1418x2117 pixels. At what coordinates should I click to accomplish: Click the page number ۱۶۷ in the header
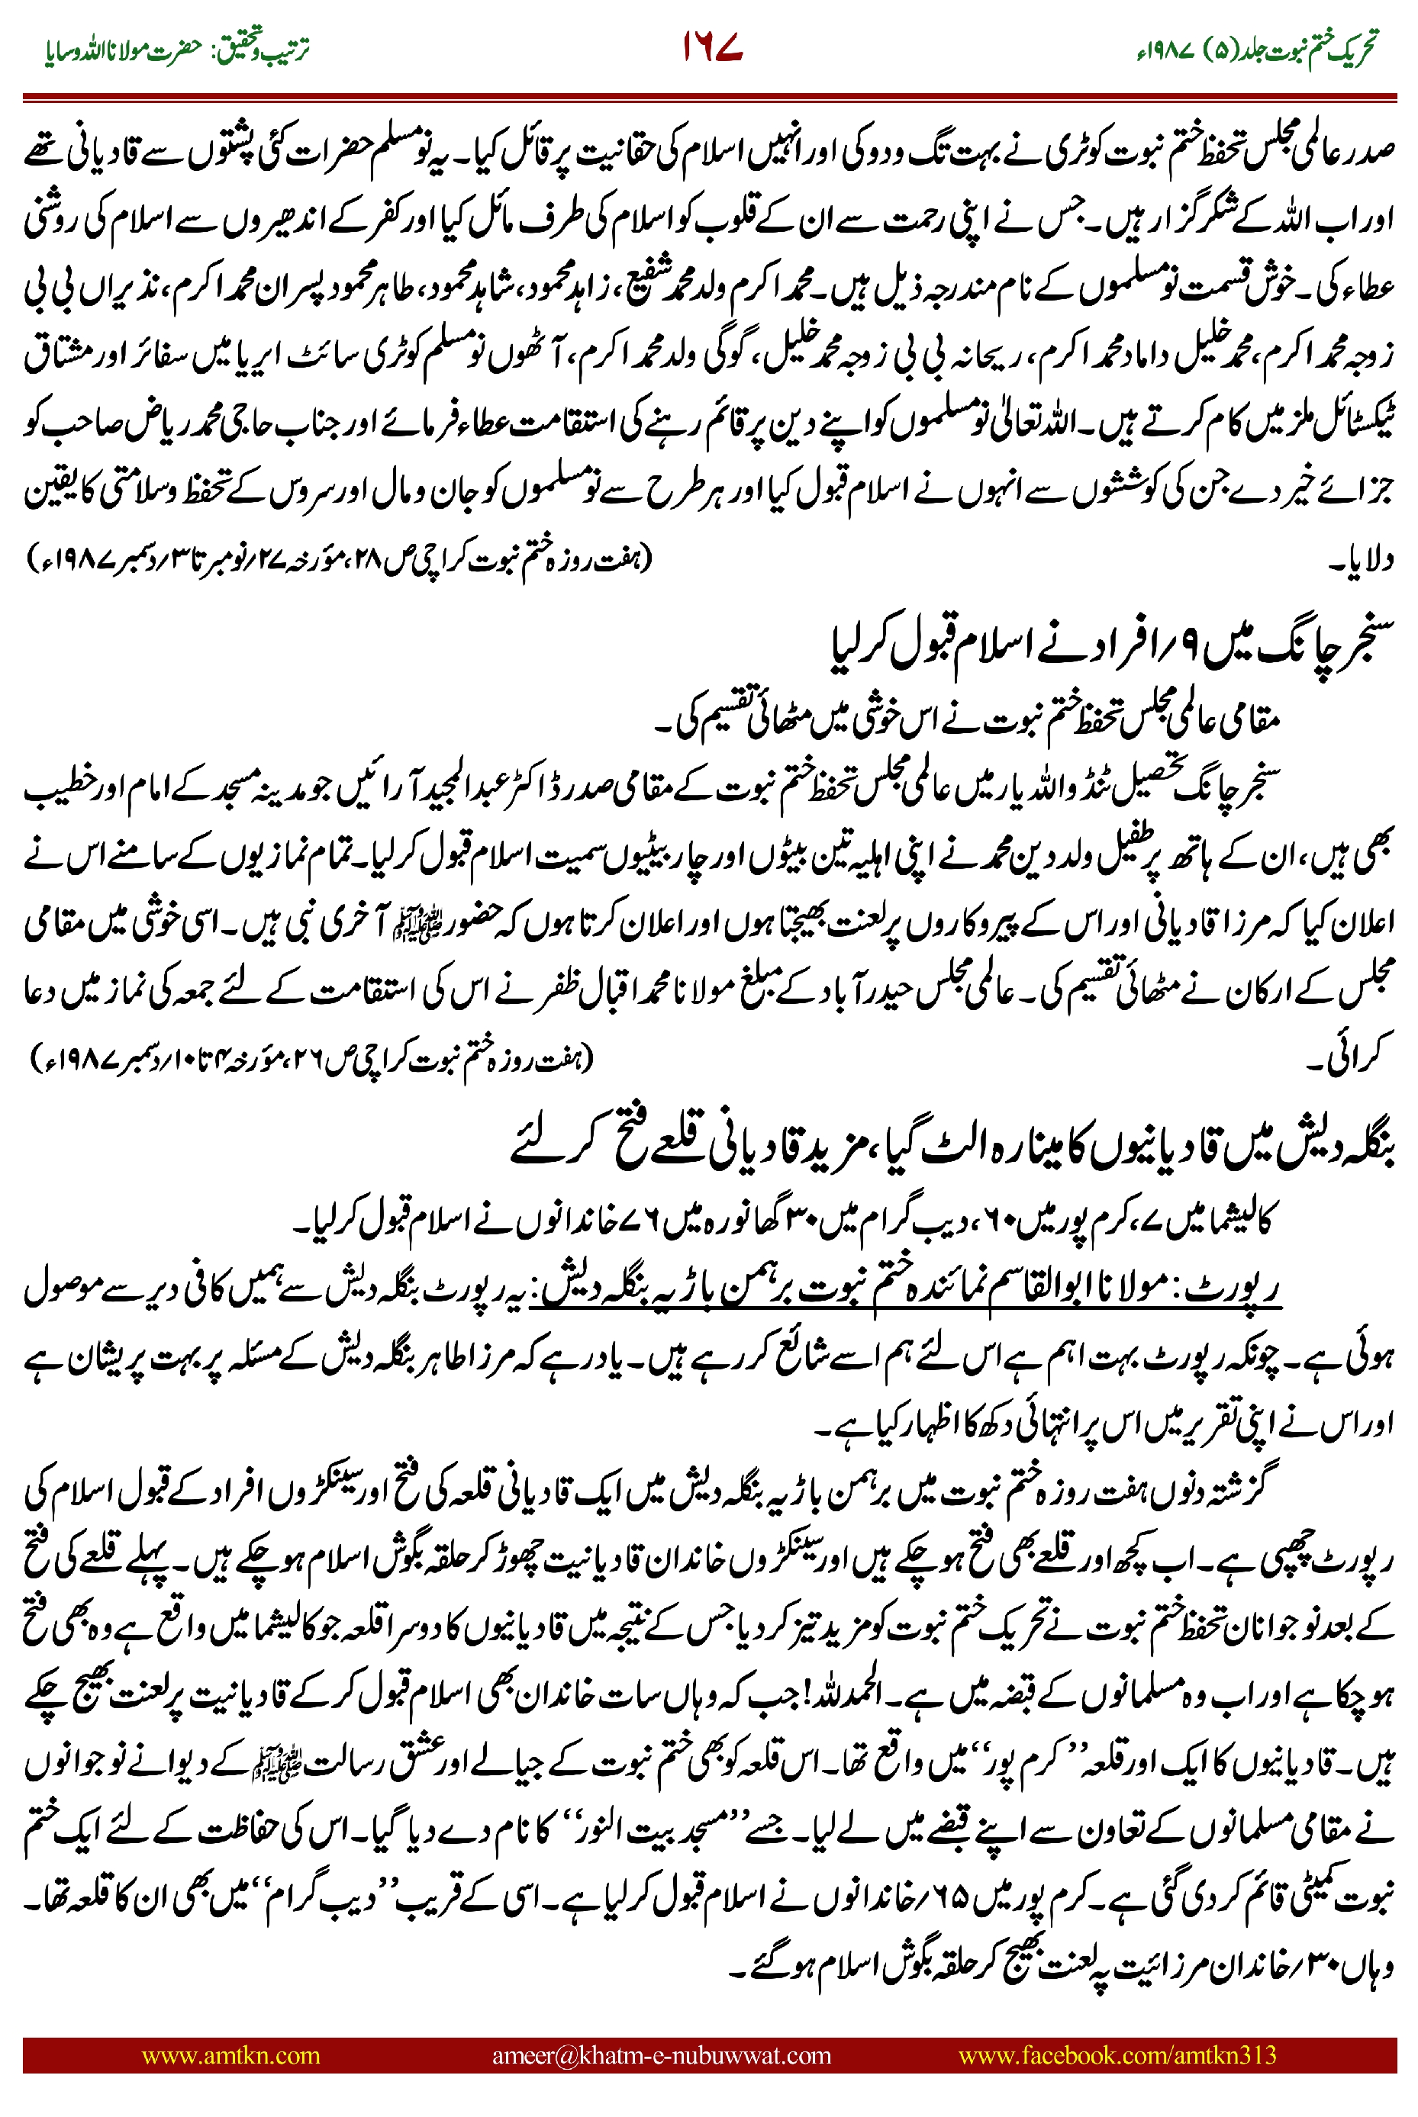click(x=713, y=47)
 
